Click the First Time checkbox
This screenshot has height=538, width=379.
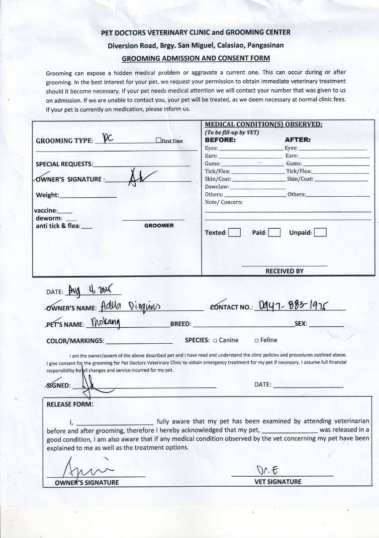click(x=158, y=140)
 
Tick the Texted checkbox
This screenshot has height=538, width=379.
click(x=234, y=233)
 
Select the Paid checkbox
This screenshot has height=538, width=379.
click(x=274, y=233)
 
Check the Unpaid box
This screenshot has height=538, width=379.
click(x=320, y=233)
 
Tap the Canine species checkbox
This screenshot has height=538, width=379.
click(x=215, y=341)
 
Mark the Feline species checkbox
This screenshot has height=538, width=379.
click(x=256, y=341)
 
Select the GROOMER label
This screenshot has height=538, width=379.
click(x=159, y=226)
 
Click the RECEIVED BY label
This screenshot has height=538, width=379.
click(x=284, y=271)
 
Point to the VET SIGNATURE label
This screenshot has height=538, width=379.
click(x=278, y=482)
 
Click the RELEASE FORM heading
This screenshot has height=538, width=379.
click(x=70, y=404)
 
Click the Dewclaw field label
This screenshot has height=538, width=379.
click(x=217, y=187)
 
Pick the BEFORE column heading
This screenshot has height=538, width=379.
click(x=220, y=140)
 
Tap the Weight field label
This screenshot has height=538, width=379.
click(x=47, y=195)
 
